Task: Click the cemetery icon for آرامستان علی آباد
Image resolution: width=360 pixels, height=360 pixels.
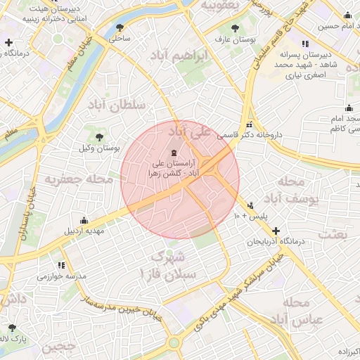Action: point(174,153)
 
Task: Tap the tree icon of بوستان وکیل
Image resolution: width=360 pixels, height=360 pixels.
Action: point(98,136)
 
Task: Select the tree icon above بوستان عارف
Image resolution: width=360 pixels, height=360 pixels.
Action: point(235,30)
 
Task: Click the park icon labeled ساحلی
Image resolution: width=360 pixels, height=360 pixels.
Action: point(119,28)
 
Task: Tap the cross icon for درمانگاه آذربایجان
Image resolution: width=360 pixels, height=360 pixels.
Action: point(276,231)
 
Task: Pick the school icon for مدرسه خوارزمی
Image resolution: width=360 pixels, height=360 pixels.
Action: point(60,265)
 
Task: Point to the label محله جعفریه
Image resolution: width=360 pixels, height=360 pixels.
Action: point(79,180)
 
